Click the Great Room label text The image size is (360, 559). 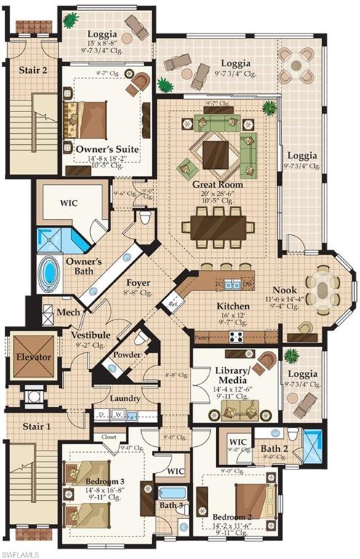click(x=217, y=185)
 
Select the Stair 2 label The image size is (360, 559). click(x=33, y=71)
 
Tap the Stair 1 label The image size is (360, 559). click(x=33, y=427)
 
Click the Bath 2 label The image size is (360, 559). click(x=276, y=448)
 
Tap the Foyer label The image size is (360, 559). click(x=137, y=282)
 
